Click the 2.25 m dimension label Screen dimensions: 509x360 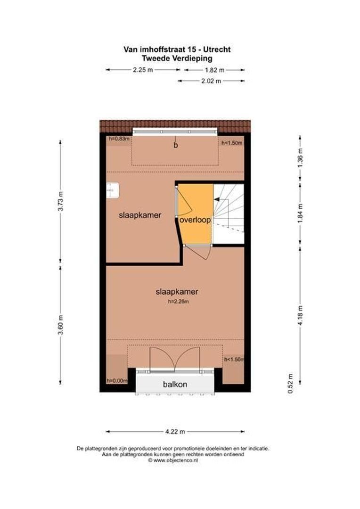(x=143, y=70)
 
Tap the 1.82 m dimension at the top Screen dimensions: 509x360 (x=214, y=70)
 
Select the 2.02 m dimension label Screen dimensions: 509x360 (x=211, y=81)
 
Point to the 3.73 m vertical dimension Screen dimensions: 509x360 (x=60, y=201)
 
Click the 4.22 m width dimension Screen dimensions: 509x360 (x=175, y=431)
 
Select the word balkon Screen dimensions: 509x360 (x=175, y=384)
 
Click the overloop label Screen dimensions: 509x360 (x=195, y=220)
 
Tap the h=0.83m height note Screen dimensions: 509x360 (x=118, y=139)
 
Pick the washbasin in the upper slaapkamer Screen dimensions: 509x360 (x=113, y=190)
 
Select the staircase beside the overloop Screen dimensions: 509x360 (x=229, y=213)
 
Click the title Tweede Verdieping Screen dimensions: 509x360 (x=177, y=58)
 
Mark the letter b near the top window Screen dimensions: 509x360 (x=175, y=145)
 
